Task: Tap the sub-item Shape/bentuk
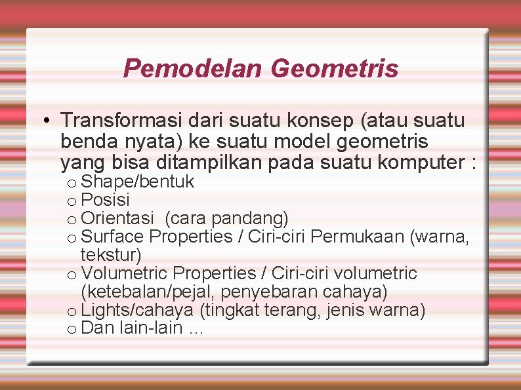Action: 137,182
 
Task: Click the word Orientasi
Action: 118,218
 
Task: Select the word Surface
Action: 115,236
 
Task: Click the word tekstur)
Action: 111,254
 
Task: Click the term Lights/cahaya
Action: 138,309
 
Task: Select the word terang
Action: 285,309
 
